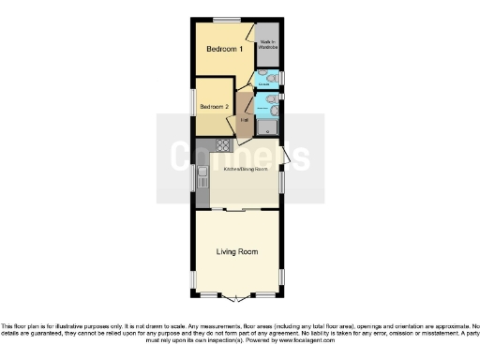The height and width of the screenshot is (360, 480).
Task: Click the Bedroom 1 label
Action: pyautogui.click(x=225, y=49)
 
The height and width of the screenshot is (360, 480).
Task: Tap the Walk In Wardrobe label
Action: pyautogui.click(x=269, y=44)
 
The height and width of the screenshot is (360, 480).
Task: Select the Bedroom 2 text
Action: pyautogui.click(x=214, y=106)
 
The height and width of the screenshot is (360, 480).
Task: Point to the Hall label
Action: pyautogui.click(x=244, y=120)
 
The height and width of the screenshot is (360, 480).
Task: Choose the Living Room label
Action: pyautogui.click(x=236, y=252)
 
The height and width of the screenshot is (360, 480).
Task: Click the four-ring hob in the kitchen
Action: pyautogui.click(x=224, y=144)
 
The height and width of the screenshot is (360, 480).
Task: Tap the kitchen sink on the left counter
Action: pyautogui.click(x=202, y=174)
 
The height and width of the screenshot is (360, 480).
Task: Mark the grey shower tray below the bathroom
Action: pyautogui.click(x=268, y=127)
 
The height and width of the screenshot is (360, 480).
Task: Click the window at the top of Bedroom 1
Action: pyautogui.click(x=225, y=20)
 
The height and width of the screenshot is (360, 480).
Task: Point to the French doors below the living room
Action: pyautogui.click(x=238, y=298)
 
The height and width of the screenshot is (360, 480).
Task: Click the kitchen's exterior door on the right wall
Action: pyautogui.click(x=286, y=156)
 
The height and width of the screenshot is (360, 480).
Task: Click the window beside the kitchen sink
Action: pyautogui.click(x=194, y=176)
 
